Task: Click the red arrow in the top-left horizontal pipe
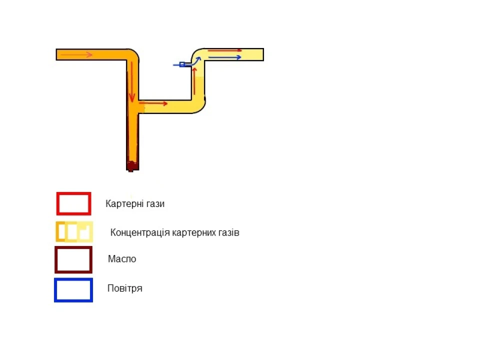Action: tap(76, 55)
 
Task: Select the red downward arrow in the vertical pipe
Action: tap(131, 81)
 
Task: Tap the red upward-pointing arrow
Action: tap(194, 81)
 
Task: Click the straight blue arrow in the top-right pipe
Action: tap(224, 57)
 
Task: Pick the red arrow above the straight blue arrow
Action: tap(224, 50)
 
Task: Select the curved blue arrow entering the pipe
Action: tap(193, 61)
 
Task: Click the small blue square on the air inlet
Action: tap(182, 64)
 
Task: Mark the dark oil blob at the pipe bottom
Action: tap(132, 165)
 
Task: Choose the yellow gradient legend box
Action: tap(74, 231)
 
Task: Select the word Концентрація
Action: tap(140, 232)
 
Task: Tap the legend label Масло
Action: tap(122, 259)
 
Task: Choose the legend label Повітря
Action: tap(124, 288)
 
